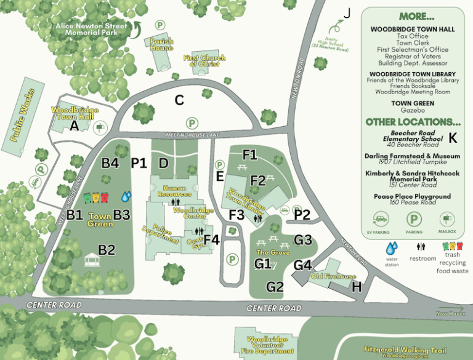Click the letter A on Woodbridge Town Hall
(75, 126)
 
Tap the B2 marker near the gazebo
(107, 250)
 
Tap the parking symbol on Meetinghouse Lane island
(192, 123)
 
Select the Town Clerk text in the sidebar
(412, 44)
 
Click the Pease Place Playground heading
(412, 196)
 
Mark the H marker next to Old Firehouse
(356, 286)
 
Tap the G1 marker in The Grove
(263, 264)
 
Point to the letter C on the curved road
(179, 100)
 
